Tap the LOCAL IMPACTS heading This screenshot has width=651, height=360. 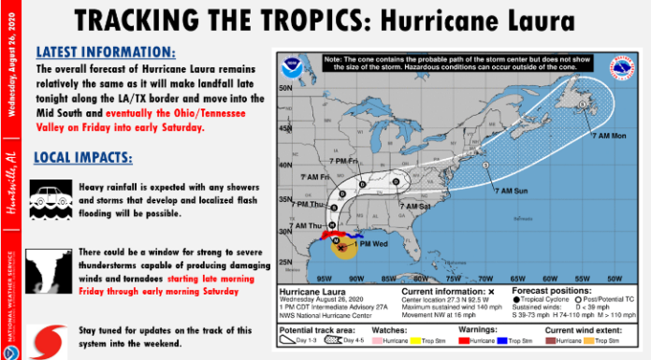point(82,156)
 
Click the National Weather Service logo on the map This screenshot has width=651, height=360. point(621,68)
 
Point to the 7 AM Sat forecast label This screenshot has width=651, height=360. point(415,205)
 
